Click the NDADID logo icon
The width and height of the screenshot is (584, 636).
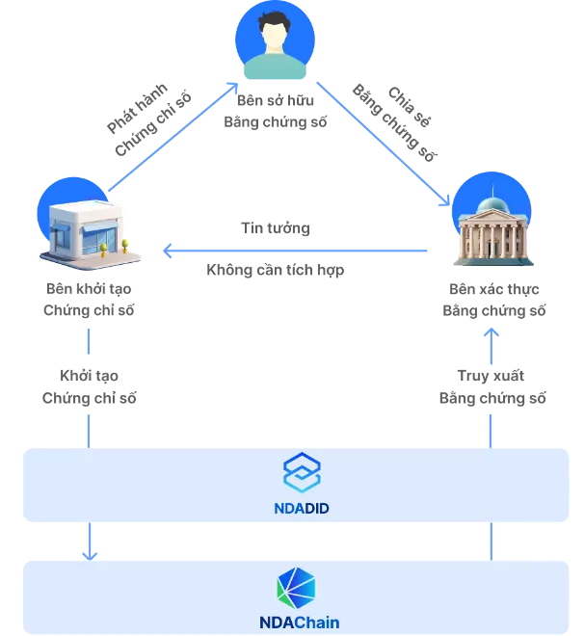(x=301, y=472)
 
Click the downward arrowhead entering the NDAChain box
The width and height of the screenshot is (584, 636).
(x=90, y=553)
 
